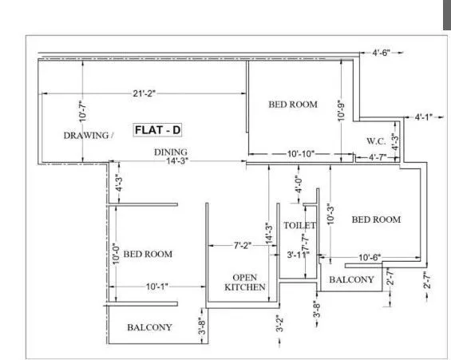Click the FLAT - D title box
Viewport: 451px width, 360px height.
(x=160, y=129)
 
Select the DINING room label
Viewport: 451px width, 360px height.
(x=171, y=152)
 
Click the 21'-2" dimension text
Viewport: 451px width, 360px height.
(x=144, y=93)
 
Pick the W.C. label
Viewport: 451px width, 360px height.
(x=376, y=141)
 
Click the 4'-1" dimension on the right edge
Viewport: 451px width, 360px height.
(x=422, y=117)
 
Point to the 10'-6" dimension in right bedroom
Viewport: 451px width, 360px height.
(x=368, y=257)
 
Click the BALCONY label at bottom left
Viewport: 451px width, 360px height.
(x=149, y=327)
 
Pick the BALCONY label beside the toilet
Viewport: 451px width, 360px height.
(x=351, y=279)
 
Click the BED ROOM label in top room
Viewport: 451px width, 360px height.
(x=292, y=105)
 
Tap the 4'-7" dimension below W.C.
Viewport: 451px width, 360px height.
(x=380, y=158)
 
